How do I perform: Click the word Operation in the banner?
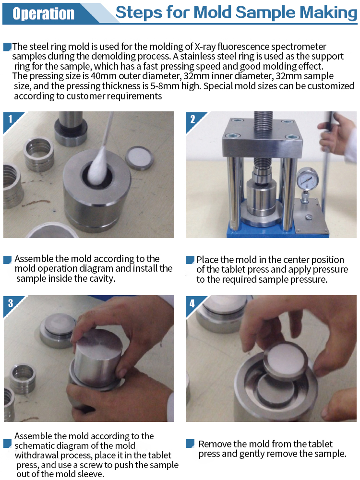[44, 13]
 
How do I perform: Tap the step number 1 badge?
[11, 119]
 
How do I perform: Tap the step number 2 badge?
[192, 119]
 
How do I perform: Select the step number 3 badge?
[11, 303]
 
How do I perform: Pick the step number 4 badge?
[192, 303]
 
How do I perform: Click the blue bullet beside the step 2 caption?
[190, 260]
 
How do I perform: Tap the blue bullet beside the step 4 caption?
[190, 443]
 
